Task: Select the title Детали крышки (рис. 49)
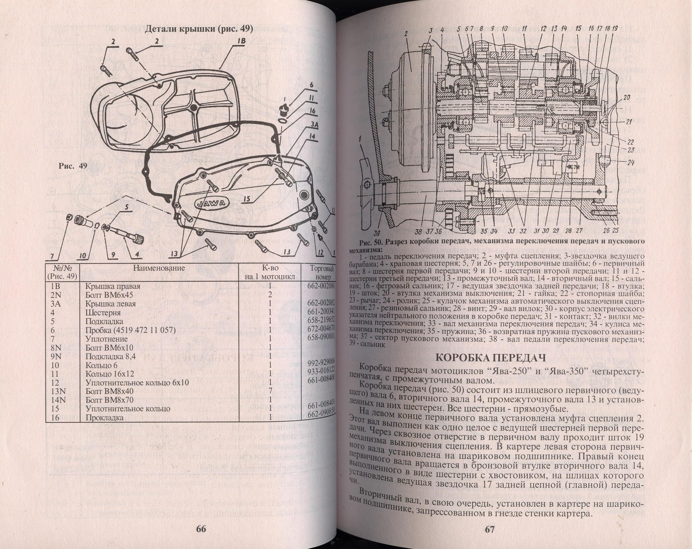199,29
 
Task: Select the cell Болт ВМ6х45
109,295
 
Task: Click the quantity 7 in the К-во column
270,391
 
